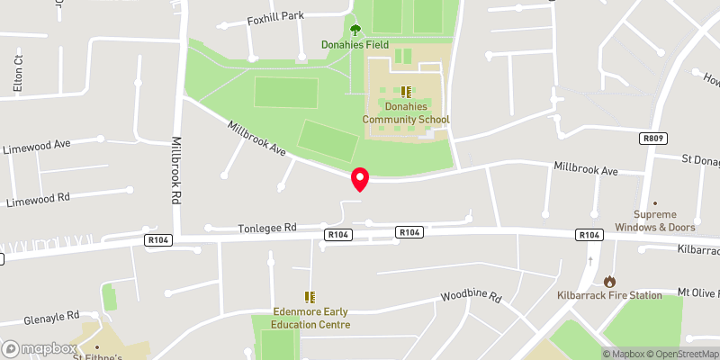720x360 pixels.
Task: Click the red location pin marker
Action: click(360, 179)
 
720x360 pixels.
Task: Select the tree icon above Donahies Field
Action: click(355, 30)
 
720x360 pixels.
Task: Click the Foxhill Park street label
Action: click(276, 16)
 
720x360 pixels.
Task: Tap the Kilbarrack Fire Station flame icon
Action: click(610, 282)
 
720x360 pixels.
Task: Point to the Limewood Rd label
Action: click(37, 198)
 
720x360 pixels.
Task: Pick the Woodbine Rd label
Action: click(470, 297)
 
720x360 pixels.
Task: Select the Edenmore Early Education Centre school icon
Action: click(310, 297)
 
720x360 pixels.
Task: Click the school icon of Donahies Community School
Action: click(405, 91)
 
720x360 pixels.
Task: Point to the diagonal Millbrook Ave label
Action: click(256, 139)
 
